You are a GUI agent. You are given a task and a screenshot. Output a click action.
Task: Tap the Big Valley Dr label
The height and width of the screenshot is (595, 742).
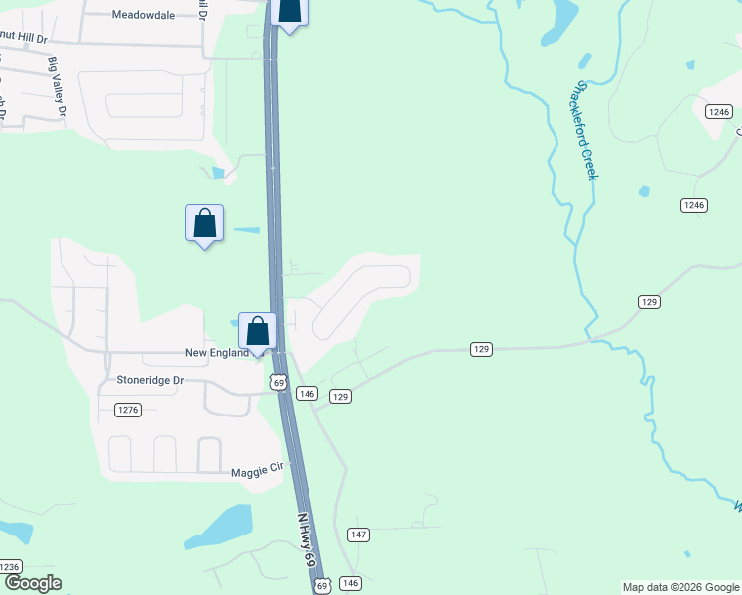56,86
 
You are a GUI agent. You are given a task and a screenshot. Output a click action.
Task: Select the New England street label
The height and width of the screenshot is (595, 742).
215,353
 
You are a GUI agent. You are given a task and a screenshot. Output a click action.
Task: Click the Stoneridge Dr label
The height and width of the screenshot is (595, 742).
151,380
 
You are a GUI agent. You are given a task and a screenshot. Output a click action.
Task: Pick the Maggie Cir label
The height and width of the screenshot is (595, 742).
257,473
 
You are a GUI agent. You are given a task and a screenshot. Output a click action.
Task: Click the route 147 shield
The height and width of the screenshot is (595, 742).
359,535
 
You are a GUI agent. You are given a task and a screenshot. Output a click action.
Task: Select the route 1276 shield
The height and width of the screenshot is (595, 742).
128,410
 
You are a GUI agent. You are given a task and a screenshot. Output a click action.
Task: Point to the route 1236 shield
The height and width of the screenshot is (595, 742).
9,566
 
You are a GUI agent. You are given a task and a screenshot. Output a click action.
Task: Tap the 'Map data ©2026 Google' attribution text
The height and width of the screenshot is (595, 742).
680,587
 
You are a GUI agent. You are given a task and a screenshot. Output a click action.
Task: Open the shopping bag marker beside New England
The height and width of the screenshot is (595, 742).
258,331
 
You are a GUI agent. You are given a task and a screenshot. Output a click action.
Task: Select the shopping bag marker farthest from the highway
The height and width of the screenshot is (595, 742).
204,223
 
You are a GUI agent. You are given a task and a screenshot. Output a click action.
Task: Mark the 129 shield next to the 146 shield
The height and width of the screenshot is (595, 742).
340,396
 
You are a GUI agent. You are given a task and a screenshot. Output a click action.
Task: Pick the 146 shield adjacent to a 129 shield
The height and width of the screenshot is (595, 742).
307,394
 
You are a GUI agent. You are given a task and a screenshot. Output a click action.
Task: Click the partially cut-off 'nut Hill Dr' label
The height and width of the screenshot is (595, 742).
23,38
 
